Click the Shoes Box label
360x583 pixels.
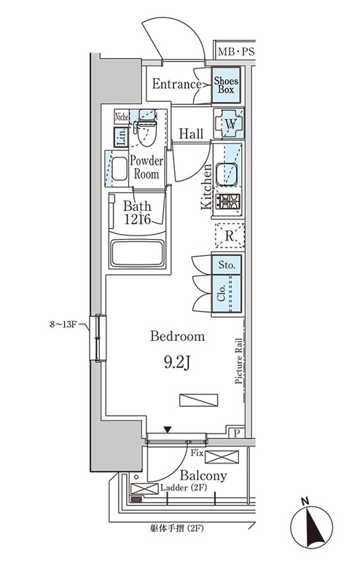tap(226, 85)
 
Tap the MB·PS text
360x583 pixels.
tap(236, 52)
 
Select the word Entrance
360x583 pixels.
tap(176, 84)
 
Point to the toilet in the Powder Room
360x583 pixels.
tap(146, 128)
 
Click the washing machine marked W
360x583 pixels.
tap(229, 124)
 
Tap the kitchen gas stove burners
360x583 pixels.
tap(228, 202)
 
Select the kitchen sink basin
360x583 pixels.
tap(227, 174)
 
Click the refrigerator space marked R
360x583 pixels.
tap(230, 235)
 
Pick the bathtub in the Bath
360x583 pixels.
tap(138, 253)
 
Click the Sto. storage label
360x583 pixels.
tap(227, 265)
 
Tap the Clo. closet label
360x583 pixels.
tap(222, 294)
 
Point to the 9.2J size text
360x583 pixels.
tap(177, 362)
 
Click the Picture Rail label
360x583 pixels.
tap(238, 361)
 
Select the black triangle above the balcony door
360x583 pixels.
tap(168, 430)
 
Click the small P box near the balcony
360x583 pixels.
tap(237, 433)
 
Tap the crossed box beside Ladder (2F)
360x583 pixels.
tap(144, 488)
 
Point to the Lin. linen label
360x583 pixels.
tap(121, 137)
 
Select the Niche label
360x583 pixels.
tap(122, 117)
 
